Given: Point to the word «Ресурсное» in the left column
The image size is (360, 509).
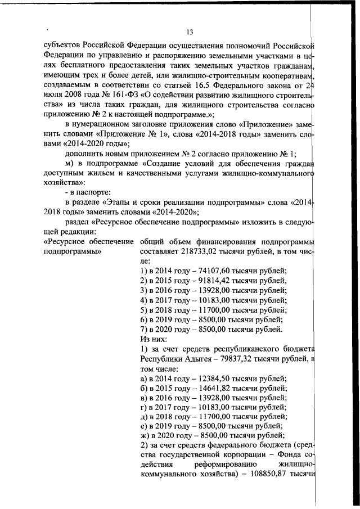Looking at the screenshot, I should [x=64, y=242].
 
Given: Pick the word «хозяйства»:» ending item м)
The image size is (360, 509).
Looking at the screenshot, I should [x=64, y=183].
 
